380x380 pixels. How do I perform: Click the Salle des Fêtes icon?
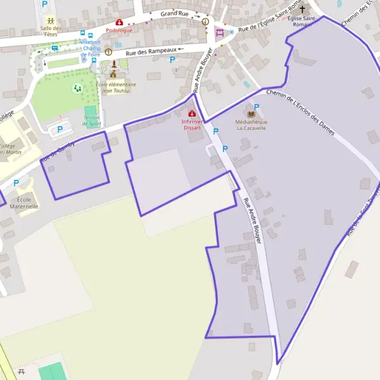51,20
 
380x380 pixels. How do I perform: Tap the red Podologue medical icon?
118,22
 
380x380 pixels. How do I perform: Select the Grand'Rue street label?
175,13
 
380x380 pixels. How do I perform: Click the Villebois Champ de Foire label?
91,48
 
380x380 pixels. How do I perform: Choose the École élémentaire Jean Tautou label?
116,87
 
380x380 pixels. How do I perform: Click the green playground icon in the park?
77,88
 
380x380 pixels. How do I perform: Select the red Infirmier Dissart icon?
192,113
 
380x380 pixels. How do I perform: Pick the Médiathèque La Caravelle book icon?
251,113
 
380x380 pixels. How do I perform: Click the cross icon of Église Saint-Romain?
302,9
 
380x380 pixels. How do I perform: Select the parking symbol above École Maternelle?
16,182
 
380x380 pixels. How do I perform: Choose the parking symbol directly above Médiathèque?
256,107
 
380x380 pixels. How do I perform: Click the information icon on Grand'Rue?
205,21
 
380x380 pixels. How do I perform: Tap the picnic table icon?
21,372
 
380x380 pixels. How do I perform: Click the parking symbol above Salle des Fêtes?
44,4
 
